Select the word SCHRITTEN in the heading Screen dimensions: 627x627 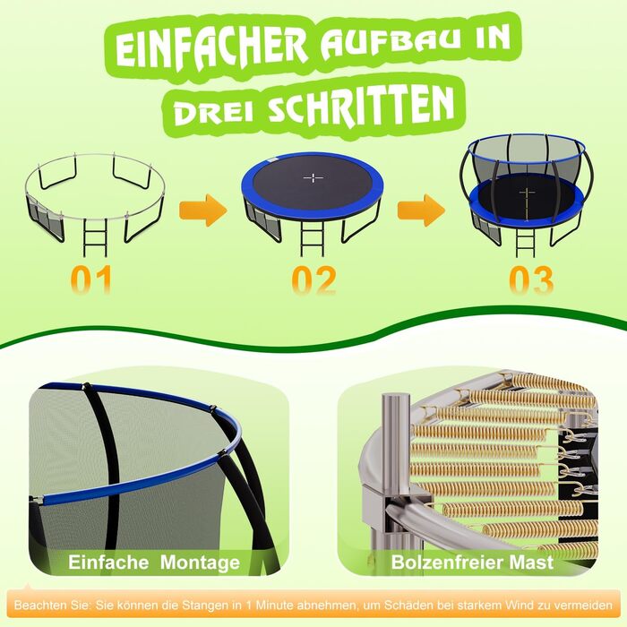(x=362, y=106)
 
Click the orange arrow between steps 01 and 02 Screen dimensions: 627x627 (x=203, y=210)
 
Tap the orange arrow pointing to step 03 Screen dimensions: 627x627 (x=421, y=210)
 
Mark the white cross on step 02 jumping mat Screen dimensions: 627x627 (x=313, y=178)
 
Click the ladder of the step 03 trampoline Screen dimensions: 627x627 (x=526, y=240)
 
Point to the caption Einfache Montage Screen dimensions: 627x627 (x=154, y=562)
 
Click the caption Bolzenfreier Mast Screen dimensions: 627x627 (x=472, y=562)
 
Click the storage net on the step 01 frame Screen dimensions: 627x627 (x=45, y=219)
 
